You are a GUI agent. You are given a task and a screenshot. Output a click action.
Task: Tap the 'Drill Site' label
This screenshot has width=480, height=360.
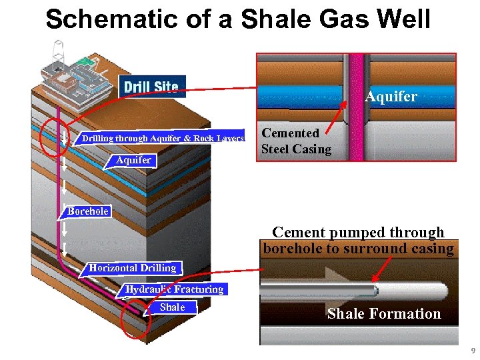click(151, 87)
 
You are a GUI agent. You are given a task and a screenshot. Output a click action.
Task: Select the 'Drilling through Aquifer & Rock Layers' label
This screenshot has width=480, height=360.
click(163, 138)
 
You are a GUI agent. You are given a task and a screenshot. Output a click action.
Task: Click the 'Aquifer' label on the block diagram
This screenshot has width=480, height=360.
click(133, 160)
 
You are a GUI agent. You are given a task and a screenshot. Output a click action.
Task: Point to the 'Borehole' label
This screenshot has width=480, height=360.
click(88, 211)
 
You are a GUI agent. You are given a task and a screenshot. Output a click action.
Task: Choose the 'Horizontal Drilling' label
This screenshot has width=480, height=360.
click(133, 268)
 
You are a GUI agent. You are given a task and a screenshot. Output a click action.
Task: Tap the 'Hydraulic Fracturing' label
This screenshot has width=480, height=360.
click(175, 289)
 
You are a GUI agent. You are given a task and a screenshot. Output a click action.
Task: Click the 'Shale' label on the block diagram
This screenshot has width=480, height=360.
click(173, 307)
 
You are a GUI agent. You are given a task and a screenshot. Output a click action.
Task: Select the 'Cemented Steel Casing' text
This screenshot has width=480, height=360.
click(295, 141)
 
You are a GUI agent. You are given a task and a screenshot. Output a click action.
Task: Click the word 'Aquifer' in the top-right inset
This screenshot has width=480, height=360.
click(391, 97)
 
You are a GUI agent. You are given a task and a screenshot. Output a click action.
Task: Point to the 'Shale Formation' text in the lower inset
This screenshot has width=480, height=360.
click(384, 314)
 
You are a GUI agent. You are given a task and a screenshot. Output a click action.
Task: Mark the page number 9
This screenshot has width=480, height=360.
click(473, 351)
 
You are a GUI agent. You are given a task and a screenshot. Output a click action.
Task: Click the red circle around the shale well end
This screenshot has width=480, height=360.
click(135, 323)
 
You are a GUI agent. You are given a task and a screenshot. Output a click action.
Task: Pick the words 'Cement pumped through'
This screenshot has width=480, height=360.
click(358, 233)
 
